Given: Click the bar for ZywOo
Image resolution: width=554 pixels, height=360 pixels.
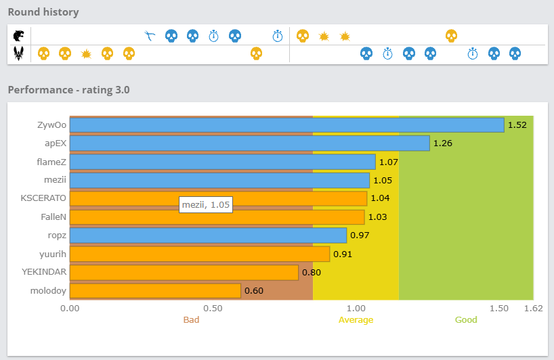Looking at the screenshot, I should [286, 125].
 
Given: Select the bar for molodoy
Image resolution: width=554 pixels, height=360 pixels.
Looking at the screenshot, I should [155, 291].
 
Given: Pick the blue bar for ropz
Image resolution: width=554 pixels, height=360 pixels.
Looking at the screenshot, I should [208, 235].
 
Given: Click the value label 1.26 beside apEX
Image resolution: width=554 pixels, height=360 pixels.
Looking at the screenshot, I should [442, 143].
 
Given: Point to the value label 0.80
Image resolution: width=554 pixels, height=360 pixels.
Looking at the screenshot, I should [311, 273].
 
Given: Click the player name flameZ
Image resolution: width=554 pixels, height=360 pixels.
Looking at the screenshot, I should [51, 162].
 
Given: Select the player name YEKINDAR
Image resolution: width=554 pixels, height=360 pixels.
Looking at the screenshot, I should [43, 272].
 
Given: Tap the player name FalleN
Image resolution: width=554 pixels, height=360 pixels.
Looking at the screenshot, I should [54, 217].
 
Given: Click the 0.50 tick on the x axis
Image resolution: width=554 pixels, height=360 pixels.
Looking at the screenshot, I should [213, 308].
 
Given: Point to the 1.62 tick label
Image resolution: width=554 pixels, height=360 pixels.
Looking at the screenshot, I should [533, 308].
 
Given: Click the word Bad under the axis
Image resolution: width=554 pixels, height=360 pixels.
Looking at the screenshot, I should [191, 319].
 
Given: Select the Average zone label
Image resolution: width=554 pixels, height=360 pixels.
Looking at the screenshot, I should [356, 319].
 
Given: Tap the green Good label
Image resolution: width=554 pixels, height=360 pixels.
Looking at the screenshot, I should [466, 319].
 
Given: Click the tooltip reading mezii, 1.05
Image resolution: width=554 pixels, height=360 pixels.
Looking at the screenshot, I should [206, 205].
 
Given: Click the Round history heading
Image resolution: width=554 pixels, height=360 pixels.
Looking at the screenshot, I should [43, 12].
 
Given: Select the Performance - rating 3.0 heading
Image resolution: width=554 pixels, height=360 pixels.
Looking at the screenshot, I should [68, 89].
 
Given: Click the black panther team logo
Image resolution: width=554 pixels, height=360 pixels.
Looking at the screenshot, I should [19, 35].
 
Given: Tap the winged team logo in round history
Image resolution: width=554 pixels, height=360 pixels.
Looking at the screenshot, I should [19, 53].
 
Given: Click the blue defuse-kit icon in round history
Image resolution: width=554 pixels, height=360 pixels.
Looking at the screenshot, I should [150, 35].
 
